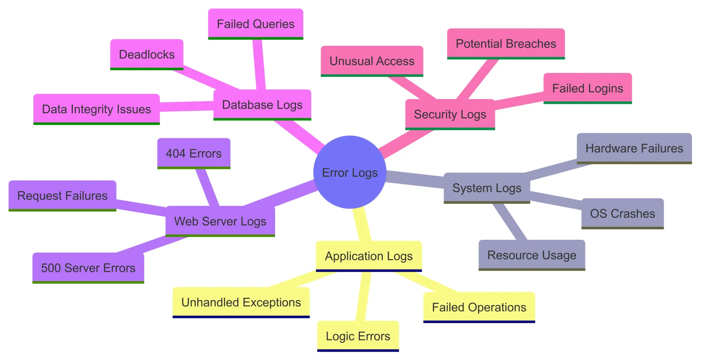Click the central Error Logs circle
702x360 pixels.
coord(350,172)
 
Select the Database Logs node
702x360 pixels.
coord(262,105)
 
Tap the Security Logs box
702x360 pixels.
coord(450,114)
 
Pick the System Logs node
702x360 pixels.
coord(487,188)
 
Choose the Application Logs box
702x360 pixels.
coord(369,256)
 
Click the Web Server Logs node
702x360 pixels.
coord(220,221)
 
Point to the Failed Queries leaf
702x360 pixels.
coord(256,24)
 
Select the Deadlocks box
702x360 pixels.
coord(147,54)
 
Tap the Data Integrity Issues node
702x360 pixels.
coord(97,109)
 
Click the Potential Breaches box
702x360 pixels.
coord(506,44)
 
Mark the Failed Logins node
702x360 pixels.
coord(588,88)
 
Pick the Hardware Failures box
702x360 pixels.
coord(634,148)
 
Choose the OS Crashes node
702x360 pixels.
coord(622,214)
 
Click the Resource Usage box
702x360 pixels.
coord(532,255)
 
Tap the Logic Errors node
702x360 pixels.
coord(358,336)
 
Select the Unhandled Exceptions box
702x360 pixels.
coord(241,302)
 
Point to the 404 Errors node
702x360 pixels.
coord(194,153)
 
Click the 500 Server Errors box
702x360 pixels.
coord(88,268)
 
